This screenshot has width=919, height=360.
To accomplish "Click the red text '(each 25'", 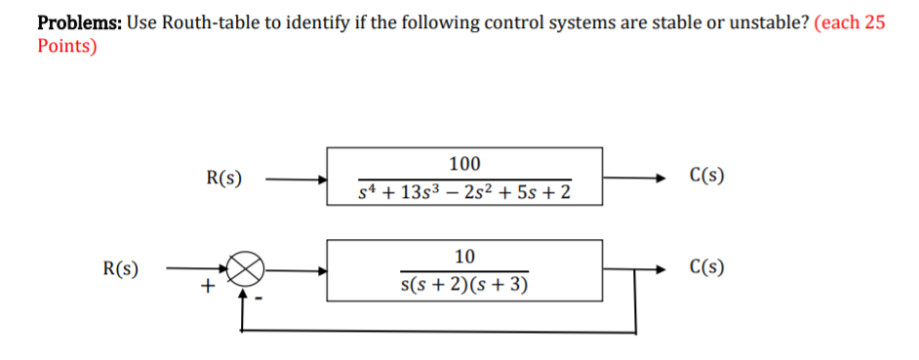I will point(849,23).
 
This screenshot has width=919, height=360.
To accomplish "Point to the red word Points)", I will point(66,46).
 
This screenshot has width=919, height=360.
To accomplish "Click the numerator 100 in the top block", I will point(464,163).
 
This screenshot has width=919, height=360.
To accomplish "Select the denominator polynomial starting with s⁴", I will point(464,192).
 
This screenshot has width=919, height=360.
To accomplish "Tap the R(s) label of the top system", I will point(225,178).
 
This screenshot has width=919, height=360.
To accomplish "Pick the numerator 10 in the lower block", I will point(464,257).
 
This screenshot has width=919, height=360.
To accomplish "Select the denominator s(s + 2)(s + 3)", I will point(464,285).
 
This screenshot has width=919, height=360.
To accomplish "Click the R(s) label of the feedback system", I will point(120,268).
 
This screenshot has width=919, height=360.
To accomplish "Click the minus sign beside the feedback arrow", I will point(260,298).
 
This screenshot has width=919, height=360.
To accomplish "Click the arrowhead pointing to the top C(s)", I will point(662,180).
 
